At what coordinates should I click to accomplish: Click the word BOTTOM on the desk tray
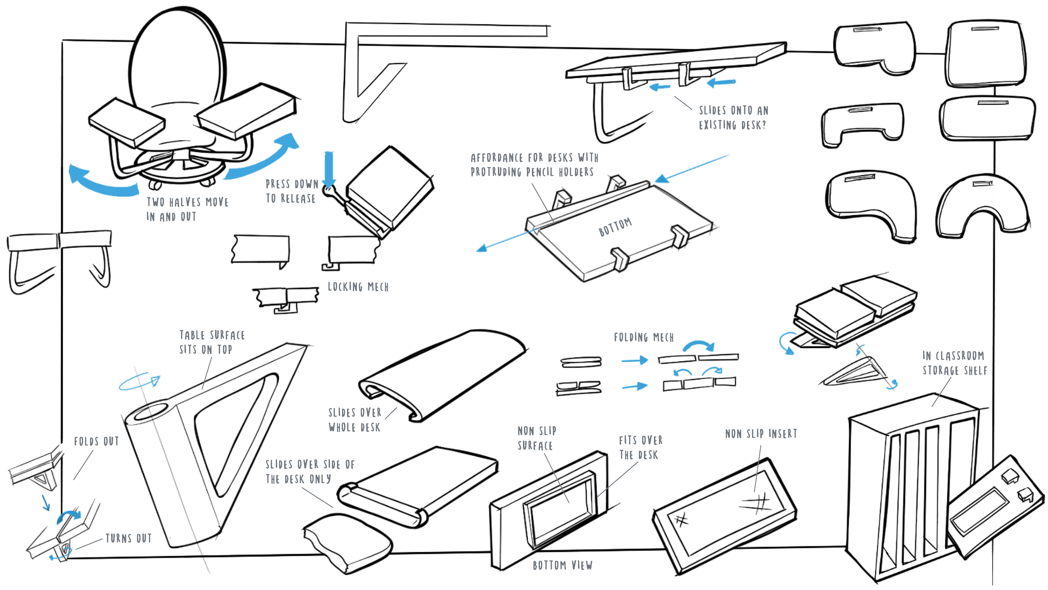click(x=615, y=227)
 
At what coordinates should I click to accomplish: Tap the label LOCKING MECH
click(x=358, y=287)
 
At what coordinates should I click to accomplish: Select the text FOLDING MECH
click(x=644, y=338)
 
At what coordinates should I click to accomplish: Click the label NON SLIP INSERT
click(x=761, y=434)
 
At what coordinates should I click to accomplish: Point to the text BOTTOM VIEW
click(x=563, y=566)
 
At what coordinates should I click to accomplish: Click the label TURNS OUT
click(x=128, y=538)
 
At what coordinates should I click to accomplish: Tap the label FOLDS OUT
click(x=96, y=442)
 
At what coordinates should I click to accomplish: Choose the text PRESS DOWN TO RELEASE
click(x=291, y=191)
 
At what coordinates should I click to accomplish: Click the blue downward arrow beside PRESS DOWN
click(x=329, y=168)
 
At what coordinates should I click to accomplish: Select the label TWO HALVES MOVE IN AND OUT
click(x=187, y=209)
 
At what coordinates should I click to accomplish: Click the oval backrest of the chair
click(x=178, y=55)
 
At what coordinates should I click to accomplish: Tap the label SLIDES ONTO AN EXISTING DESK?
click(x=733, y=118)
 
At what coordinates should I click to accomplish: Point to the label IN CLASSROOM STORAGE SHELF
click(x=955, y=363)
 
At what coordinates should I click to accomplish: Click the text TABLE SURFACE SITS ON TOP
click(x=212, y=342)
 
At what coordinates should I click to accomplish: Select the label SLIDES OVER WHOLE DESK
click(x=355, y=420)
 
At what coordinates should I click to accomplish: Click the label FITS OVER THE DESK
click(x=640, y=448)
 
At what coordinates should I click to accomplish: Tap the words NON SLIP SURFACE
click(x=537, y=439)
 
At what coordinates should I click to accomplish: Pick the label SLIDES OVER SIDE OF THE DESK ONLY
click(x=310, y=472)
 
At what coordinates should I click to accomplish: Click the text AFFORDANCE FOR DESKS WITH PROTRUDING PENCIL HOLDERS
click(x=533, y=165)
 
